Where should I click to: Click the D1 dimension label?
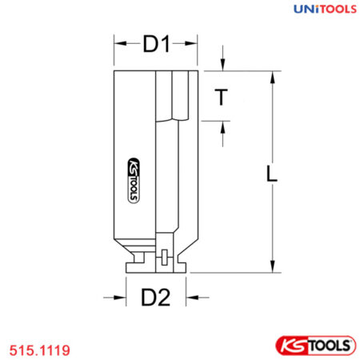tap(157, 46)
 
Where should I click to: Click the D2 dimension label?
tap(156, 298)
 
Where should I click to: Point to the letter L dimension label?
tap(272, 174)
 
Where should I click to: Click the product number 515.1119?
tap(39, 349)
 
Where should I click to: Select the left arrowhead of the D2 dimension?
tap(129, 298)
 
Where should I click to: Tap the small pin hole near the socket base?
tap(162, 257)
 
